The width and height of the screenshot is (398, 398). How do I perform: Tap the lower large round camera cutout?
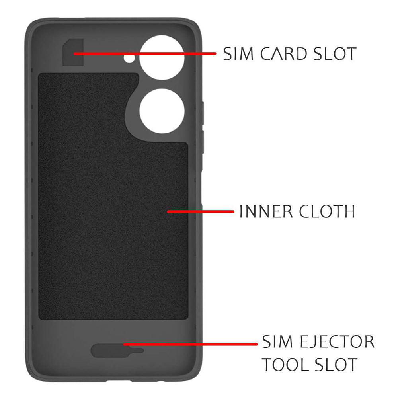pos(162,110)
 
